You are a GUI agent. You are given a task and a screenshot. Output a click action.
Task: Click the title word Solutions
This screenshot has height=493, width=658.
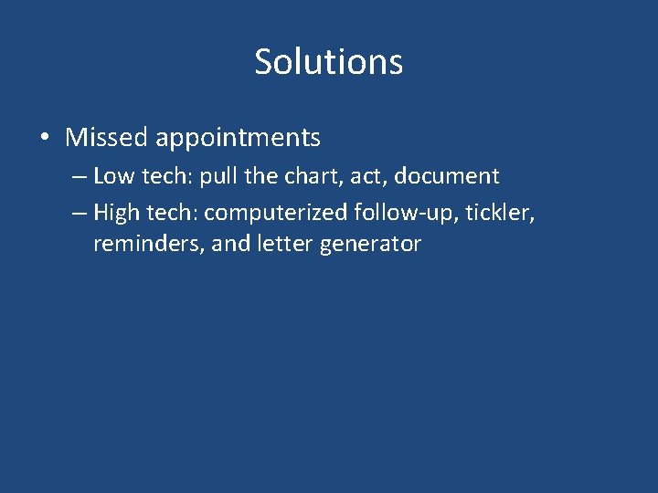[328, 62]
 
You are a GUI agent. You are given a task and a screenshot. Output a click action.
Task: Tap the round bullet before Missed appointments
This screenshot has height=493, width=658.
[44, 138]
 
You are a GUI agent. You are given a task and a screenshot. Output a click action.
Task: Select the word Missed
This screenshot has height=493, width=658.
[106, 138]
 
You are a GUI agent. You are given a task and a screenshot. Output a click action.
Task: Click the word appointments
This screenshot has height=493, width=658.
[238, 138]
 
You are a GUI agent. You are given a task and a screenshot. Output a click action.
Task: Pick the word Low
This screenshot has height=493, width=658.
[111, 175]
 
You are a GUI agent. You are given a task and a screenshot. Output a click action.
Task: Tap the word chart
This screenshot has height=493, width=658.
[313, 175]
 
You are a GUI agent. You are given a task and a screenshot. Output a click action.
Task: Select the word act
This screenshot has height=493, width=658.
[368, 175]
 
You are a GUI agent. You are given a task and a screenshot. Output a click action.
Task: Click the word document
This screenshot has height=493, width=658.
[447, 175]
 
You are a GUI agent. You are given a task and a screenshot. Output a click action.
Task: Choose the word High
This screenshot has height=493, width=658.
[115, 214]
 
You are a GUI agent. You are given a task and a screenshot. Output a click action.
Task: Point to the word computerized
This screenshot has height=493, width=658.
[276, 214]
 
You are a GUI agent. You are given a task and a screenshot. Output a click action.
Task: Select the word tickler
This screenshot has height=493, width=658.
[497, 213]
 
